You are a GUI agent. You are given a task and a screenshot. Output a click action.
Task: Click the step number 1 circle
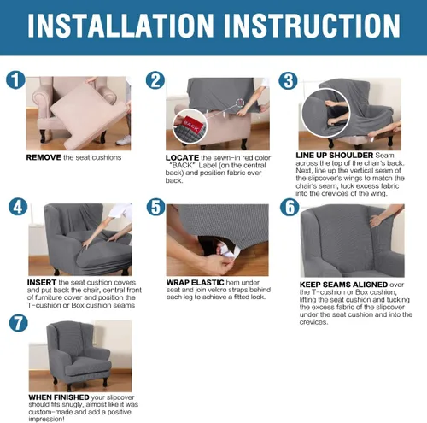pos(15,79)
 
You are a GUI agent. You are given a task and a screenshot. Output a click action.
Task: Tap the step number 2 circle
pos(155,80)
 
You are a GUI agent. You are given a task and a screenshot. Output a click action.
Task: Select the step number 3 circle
pos(288,80)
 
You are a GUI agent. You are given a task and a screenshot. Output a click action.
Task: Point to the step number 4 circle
pos(18,207)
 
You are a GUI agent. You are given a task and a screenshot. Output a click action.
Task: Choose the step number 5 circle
pos(156,207)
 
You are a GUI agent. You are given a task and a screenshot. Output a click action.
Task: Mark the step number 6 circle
pos(290,207)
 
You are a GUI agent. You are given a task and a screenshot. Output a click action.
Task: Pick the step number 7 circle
pos(19,324)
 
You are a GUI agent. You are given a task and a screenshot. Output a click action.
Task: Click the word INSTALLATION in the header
pos(120,25)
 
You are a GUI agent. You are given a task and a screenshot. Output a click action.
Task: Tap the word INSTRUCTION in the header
pos(312,25)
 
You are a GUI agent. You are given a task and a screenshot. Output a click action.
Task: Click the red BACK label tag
pos(191,125)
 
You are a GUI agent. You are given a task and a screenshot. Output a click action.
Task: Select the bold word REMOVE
pos(44,157)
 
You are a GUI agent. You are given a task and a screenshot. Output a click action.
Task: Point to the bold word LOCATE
pos(182,158)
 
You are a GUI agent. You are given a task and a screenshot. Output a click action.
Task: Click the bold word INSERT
pos(42,283)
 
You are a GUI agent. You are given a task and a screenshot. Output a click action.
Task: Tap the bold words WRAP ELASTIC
pos(196,283)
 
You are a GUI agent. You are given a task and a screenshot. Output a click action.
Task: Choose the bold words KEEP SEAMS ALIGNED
pos(343,285)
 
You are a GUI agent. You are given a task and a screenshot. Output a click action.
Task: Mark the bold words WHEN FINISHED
pos(59,397)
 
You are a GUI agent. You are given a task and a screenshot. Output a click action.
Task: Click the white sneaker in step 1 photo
pos(123,140)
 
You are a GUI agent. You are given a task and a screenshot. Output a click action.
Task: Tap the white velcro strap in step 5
pos(227,251)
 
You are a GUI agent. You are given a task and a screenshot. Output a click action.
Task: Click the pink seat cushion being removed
pos(89,117)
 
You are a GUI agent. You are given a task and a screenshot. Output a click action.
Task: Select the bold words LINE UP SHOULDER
pos(335,156)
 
